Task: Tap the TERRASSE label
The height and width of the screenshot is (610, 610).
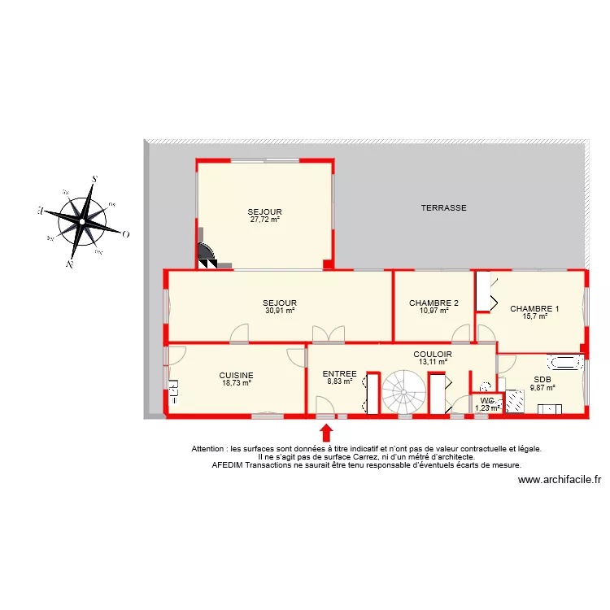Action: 443,208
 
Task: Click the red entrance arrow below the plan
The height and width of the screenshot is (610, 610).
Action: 326,432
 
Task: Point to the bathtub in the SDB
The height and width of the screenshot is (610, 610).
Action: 564,363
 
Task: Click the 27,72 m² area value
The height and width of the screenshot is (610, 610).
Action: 265,220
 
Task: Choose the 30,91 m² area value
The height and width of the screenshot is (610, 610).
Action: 280,310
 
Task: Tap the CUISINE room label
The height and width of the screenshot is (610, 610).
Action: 236,375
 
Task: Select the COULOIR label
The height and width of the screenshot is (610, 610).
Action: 433,355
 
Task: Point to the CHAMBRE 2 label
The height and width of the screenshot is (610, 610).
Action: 434,303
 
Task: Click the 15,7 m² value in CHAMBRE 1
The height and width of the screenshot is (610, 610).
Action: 534,316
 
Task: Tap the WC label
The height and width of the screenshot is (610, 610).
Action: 487,401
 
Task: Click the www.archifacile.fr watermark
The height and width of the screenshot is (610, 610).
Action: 559,480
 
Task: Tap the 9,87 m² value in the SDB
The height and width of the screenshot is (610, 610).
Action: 542,387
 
